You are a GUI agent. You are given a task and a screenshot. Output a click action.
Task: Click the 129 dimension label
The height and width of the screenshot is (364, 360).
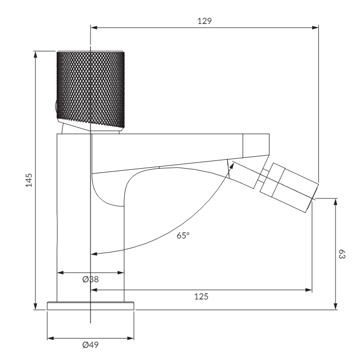pos(204,21)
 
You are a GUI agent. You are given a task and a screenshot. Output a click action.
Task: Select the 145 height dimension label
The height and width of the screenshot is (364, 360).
pos(29,180)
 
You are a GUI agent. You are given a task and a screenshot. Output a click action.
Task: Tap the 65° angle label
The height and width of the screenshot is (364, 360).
pos(183,235)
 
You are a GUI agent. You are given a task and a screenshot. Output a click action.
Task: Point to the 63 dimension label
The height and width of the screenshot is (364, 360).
pos(342,254)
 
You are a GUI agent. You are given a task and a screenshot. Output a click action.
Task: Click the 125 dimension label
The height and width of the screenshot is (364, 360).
pos(201,296)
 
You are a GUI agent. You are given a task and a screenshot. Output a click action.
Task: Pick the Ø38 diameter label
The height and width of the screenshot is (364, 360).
pos(91,279)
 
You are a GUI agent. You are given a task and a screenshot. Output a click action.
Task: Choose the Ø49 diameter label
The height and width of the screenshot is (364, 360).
pos(91,345)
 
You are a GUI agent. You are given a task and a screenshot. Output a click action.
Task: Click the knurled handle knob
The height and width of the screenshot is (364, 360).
pos(91,90)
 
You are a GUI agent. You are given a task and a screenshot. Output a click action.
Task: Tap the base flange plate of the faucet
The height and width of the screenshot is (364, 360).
pos(91,306)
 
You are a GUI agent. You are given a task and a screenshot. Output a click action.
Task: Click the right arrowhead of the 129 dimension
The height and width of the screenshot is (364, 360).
pos(315,28)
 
